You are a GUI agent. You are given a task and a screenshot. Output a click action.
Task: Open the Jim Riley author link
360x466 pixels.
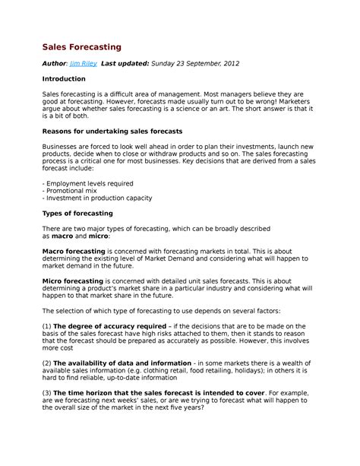click(83, 64)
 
